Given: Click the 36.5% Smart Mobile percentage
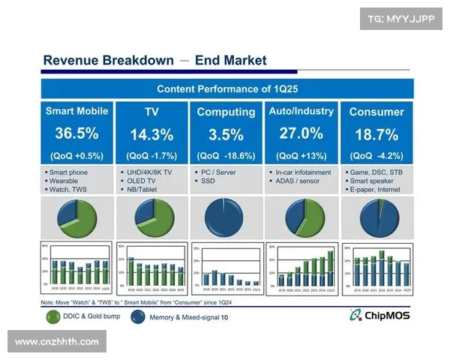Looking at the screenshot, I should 76,134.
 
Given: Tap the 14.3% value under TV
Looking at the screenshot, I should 151,135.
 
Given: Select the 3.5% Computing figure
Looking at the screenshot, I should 226,135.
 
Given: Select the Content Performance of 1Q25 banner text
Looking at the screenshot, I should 228,88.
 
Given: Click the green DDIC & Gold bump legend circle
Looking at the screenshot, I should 54,317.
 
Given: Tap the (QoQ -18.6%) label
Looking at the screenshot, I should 226,156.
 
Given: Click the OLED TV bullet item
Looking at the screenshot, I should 142,181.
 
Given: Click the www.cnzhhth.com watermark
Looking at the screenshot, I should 57,342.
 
